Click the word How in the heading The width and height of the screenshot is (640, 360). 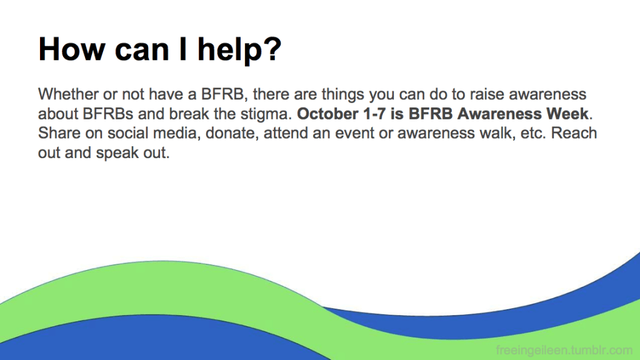(x=72, y=49)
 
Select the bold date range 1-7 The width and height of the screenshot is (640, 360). (x=374, y=114)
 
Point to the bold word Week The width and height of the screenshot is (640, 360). (x=567, y=114)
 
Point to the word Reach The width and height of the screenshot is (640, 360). (x=574, y=134)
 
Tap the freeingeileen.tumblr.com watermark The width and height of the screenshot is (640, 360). (x=564, y=350)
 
